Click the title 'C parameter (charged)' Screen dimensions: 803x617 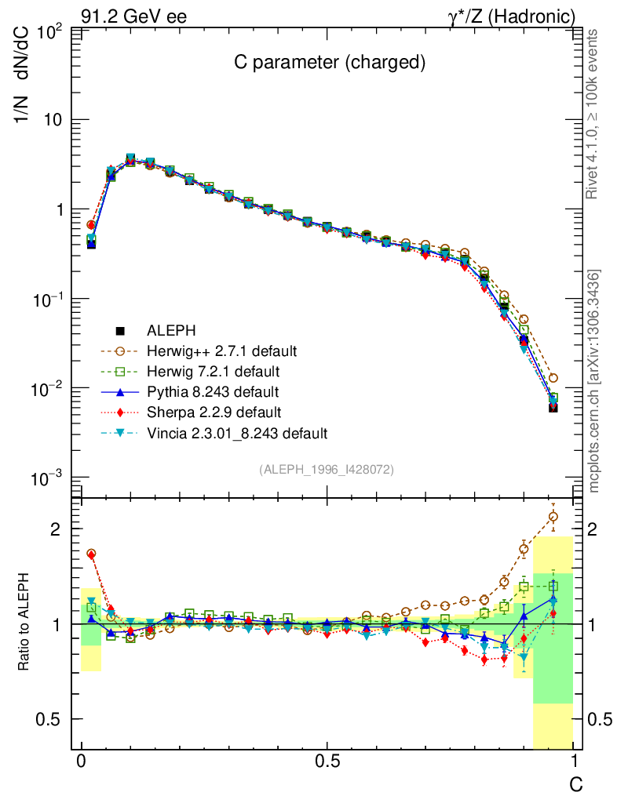coord(330,64)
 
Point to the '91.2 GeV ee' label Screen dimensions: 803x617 coord(133,16)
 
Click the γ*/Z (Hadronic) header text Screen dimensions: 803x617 coord(512,16)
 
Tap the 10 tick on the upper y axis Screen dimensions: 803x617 coord(56,120)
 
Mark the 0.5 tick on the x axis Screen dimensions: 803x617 coord(327,761)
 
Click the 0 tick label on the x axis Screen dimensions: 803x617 coord(82,761)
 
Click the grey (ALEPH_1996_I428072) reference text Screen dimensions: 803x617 coord(327,469)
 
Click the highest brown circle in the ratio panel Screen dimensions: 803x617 coord(553,516)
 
